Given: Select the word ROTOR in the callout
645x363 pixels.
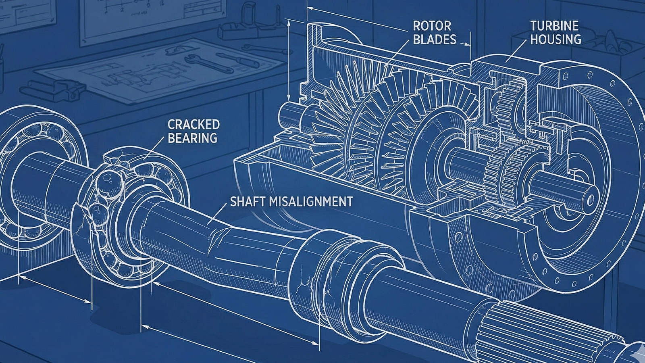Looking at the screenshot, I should pos(432,26).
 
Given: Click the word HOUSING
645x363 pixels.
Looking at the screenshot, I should pos(556,39).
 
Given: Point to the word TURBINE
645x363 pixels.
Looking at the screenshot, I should pos(554,26).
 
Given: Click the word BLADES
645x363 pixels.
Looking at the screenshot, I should pos(435,39).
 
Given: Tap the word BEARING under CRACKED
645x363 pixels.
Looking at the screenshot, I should pos(192,138).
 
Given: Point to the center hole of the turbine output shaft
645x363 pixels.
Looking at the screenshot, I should pos(591,198).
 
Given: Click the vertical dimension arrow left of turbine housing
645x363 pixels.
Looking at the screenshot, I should pos(289,60).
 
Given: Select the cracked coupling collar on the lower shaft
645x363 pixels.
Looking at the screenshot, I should pos(318,274).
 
